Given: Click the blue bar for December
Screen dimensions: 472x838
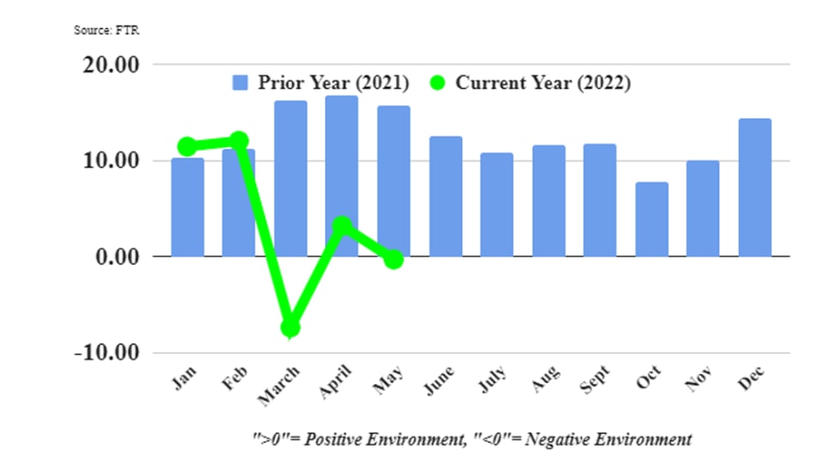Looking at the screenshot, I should pos(754,187).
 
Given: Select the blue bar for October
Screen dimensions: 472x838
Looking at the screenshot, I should pos(652,219).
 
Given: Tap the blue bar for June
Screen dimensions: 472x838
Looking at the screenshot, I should pos(446,196).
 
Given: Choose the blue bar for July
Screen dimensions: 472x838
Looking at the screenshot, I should pos(497,204).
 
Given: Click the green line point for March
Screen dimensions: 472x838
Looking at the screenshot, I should pos(291,327).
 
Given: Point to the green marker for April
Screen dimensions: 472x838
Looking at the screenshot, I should pos(342,226).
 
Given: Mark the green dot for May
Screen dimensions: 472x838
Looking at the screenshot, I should pos(393,259).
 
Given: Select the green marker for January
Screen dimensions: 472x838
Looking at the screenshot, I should pos(187,147).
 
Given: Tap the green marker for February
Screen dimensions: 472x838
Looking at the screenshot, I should pos(239,141).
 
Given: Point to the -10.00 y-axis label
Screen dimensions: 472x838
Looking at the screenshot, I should pos(105,352).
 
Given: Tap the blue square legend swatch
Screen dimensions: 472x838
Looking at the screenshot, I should pos(240,84).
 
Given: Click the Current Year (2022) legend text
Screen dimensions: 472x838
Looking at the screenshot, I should pos(543,84).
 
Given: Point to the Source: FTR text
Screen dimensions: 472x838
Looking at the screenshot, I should pos(106,31).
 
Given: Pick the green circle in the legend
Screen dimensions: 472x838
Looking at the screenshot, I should pos(438,84).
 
